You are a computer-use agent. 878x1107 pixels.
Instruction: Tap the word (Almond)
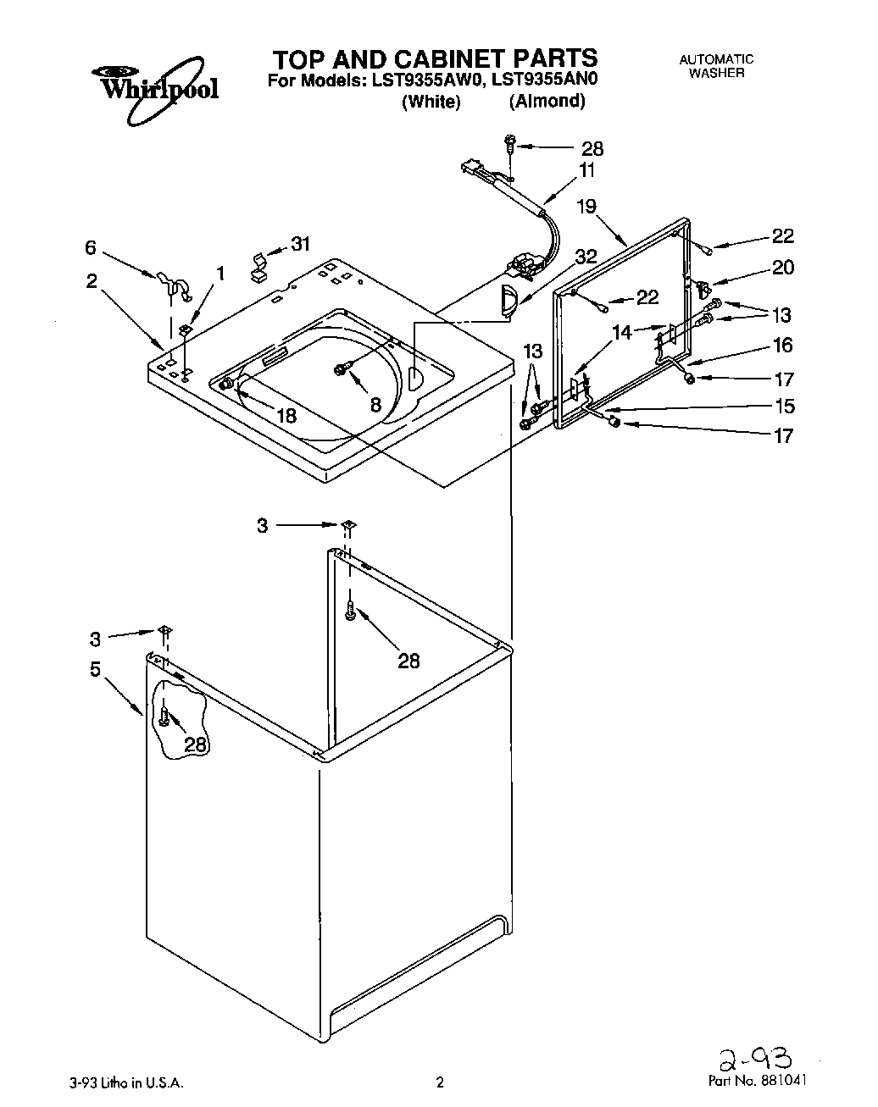[x=547, y=102]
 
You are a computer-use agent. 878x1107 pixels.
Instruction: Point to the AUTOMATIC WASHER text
[x=716, y=66]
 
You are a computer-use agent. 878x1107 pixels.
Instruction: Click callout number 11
[x=586, y=169]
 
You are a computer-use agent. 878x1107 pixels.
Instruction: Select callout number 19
[x=586, y=205]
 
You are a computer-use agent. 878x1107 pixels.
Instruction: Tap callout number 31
[x=300, y=244]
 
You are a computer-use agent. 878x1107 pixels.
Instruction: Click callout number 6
[x=91, y=248]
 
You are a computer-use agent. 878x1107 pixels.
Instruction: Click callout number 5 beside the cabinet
[x=96, y=669]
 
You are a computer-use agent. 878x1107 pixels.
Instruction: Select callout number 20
[x=782, y=268]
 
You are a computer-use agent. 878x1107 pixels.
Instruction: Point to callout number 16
[x=782, y=345]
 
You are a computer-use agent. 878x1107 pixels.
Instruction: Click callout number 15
[x=785, y=406]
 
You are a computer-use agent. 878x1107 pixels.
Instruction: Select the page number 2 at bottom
[x=439, y=1082]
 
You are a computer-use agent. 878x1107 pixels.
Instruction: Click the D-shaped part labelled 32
[x=506, y=302]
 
